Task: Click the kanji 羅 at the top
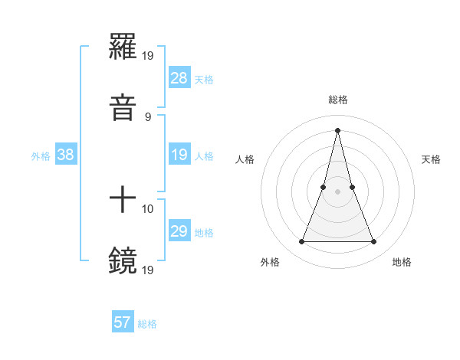(x=123, y=47)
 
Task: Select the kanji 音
(x=123, y=108)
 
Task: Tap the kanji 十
(x=123, y=200)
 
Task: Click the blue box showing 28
(x=179, y=78)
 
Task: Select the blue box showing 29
(x=179, y=231)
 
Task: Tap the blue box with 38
(x=66, y=155)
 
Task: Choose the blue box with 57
(x=123, y=322)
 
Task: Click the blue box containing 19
(x=179, y=155)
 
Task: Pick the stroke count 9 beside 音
(x=147, y=116)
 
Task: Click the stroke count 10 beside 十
(x=148, y=208)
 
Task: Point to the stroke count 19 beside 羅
(x=148, y=56)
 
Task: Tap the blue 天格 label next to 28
(x=204, y=79)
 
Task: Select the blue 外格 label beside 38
(x=41, y=155)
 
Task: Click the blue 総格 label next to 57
(x=147, y=323)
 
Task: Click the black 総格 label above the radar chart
(x=338, y=100)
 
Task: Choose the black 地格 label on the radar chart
(x=402, y=262)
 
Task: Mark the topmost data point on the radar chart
(x=338, y=129)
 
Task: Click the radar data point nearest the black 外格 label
(x=302, y=242)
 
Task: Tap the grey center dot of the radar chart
(x=338, y=191)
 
